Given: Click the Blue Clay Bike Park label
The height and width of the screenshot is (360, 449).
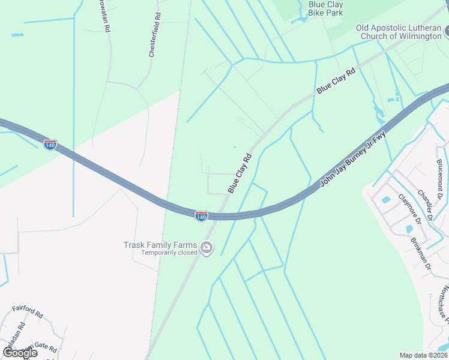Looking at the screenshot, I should pyautogui.click(x=325, y=8).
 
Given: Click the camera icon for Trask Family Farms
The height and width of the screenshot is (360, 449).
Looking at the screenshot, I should pyautogui.click(x=206, y=248).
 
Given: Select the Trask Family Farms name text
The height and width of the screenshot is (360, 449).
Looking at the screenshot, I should pyautogui.click(x=160, y=245).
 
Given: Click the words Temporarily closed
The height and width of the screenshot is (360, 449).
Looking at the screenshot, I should pyautogui.click(x=169, y=253).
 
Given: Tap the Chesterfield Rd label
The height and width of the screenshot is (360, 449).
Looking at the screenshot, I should pyautogui.click(x=155, y=35).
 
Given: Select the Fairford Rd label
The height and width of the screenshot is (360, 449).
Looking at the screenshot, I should pyautogui.click(x=28, y=312).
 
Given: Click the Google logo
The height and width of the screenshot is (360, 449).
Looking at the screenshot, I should pyautogui.click(x=19, y=353).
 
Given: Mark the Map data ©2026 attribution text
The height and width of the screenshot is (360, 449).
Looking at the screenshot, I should pyautogui.click(x=423, y=355).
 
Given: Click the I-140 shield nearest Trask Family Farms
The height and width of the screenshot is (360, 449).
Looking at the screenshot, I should pyautogui.click(x=201, y=215).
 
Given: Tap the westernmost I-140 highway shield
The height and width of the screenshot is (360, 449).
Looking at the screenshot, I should pyautogui.click(x=50, y=145).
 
